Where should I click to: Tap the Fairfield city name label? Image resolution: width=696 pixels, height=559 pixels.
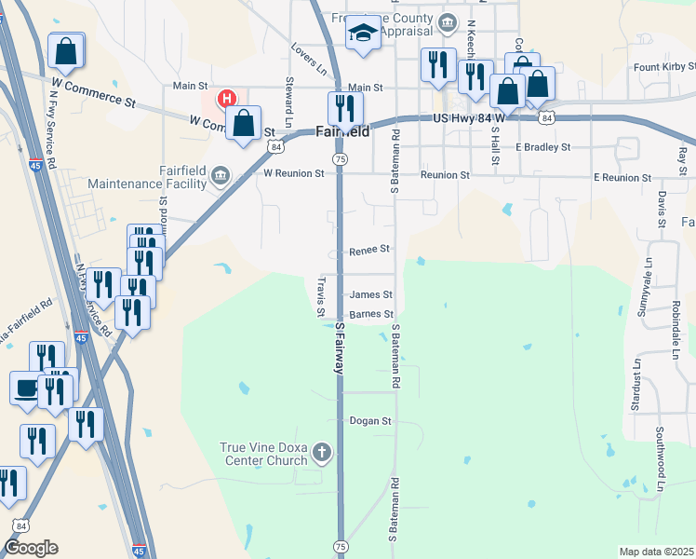pyautogui.click(x=342, y=131)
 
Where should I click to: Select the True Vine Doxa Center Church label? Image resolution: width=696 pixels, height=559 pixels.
pyautogui.click(x=263, y=454)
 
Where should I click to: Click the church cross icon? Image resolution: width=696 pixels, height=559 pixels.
pyautogui.click(x=322, y=454)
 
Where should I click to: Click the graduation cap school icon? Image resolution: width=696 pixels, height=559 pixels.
pyautogui.click(x=361, y=34)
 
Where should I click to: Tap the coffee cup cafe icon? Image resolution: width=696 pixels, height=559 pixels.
pyautogui.click(x=26, y=387)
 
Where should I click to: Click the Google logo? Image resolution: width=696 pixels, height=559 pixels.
pyautogui.click(x=31, y=548)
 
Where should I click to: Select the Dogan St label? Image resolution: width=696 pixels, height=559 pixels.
pyautogui.click(x=371, y=421)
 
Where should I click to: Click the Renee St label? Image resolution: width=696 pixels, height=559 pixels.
pyautogui.click(x=369, y=250)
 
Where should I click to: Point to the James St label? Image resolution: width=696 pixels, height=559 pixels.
pyautogui.click(x=371, y=294)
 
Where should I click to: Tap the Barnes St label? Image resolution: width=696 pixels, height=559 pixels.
pyautogui.click(x=372, y=314)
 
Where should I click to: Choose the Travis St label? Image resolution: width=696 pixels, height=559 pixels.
pyautogui.click(x=320, y=295)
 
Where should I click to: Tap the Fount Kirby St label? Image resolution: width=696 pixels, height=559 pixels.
pyautogui.click(x=664, y=67)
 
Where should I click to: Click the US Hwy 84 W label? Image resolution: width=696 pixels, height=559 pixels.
pyautogui.click(x=468, y=118)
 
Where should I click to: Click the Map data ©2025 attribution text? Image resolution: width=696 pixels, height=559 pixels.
pyautogui.click(x=656, y=552)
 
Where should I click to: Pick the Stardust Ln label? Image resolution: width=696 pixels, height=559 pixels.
pyautogui.click(x=636, y=382)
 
